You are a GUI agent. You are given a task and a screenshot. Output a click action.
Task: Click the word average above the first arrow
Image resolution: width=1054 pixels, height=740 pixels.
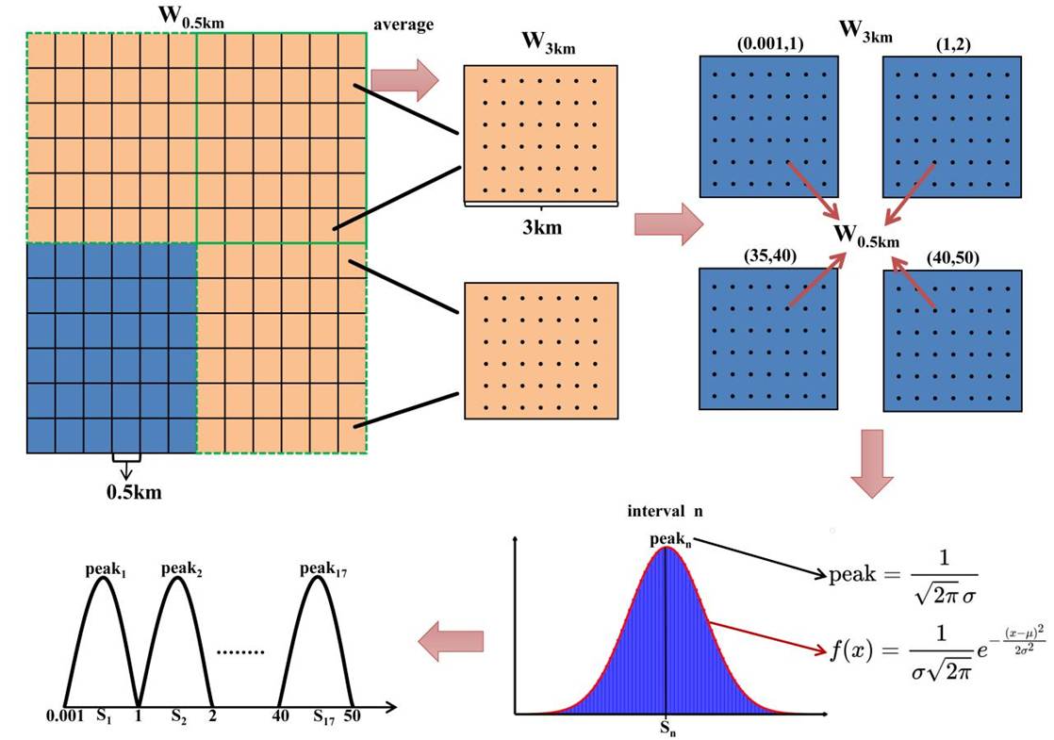point(403,25)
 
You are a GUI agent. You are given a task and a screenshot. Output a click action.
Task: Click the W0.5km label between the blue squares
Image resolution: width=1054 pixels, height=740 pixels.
point(866,235)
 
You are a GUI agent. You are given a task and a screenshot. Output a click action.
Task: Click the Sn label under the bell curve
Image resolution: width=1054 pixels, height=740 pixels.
point(667,729)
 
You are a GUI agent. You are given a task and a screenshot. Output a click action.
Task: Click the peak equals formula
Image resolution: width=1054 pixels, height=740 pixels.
point(902,584)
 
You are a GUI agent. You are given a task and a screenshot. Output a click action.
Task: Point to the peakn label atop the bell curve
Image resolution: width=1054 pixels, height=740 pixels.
point(668,540)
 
